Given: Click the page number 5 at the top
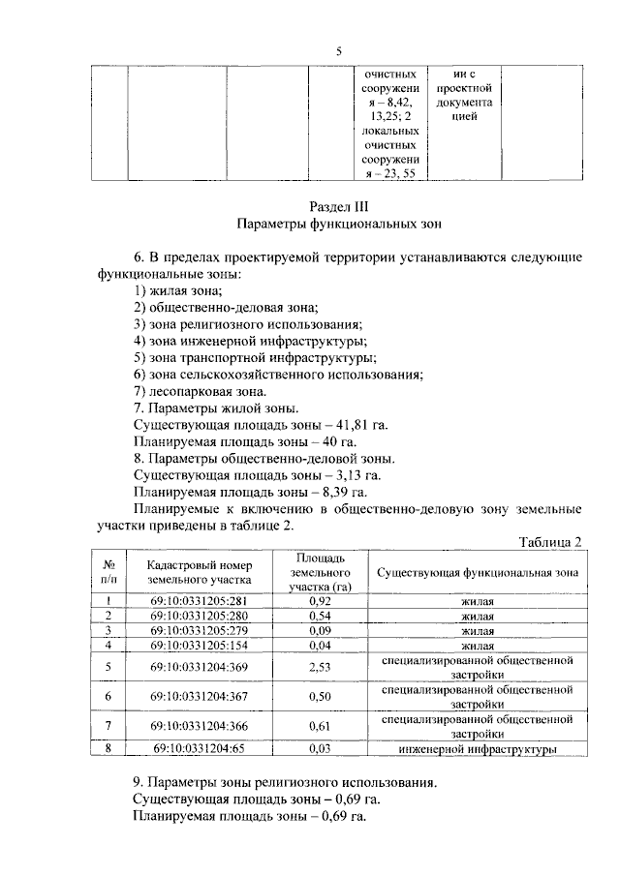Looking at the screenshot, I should pos(338,51).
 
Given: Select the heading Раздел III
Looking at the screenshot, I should pos(338,206).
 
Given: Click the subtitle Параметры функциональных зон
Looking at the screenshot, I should pos(338,225).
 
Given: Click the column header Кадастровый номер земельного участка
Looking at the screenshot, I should pos(199,572).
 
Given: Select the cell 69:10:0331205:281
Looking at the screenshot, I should pos(199,601).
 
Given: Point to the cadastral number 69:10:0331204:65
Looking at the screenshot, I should pos(199,748).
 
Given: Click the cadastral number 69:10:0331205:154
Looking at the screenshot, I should pos(199,645).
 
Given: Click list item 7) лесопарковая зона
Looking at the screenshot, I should pos(199,391).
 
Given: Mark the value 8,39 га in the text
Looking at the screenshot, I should pos(345,491).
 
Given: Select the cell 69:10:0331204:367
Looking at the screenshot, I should pos(199,697).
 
